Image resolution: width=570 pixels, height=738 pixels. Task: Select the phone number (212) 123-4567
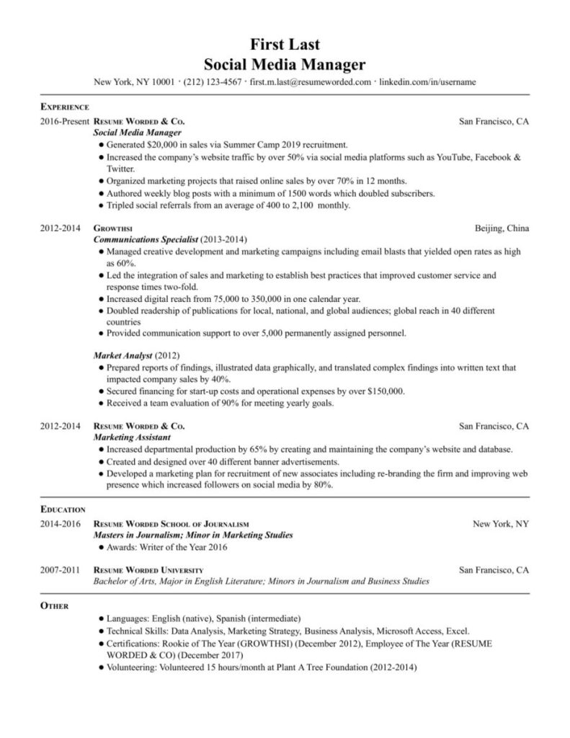(x=213, y=82)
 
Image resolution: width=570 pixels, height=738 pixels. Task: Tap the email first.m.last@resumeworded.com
(x=311, y=82)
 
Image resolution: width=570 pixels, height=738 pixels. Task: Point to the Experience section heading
(x=64, y=106)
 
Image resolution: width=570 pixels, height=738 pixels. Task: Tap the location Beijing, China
(x=502, y=228)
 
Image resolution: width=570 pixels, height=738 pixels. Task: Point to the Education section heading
(x=63, y=509)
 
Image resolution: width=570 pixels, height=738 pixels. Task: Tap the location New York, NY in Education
(x=501, y=524)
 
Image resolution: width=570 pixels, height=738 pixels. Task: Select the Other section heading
(x=54, y=606)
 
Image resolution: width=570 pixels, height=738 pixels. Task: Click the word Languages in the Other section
(x=127, y=618)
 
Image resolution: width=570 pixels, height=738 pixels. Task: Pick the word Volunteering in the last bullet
(x=133, y=667)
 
